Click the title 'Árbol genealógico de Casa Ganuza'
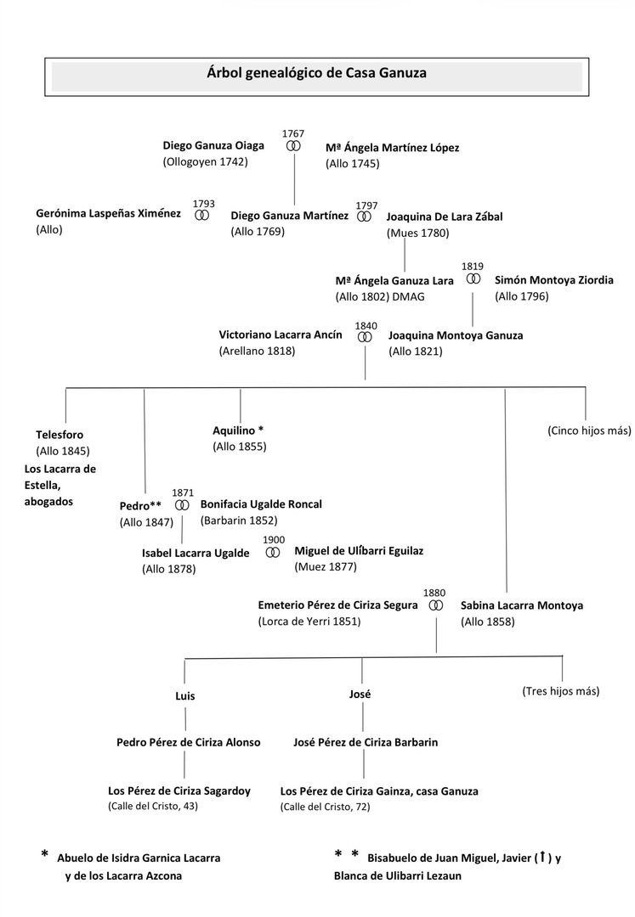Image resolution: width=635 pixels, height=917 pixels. point(317,74)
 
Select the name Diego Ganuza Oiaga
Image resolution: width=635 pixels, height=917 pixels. point(213,145)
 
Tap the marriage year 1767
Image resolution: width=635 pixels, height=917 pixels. point(292,133)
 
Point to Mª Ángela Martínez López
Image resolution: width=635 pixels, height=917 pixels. point(392,148)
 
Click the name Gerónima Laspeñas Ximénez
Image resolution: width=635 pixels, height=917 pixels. point(108,214)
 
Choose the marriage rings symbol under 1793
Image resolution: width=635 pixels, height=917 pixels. point(202,216)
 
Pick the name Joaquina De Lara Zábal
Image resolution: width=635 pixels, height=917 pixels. point(444,217)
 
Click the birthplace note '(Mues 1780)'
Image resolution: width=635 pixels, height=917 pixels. point(417,233)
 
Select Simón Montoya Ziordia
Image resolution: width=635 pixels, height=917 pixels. point(553,279)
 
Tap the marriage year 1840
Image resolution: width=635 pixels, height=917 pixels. point(366,325)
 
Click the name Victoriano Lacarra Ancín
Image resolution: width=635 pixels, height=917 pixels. point(281,335)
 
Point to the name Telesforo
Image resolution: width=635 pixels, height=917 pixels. point(60,435)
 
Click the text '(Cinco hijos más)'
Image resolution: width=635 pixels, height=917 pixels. point(589,430)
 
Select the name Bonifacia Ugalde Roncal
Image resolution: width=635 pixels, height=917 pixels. point(261,504)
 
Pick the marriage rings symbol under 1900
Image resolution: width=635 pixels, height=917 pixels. point(272,552)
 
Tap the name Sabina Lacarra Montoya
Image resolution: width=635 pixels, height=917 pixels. point(522,606)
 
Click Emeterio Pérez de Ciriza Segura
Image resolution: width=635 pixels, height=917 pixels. point(337,605)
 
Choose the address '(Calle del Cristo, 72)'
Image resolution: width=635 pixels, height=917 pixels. point(325,807)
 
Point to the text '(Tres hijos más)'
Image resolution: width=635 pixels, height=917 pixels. point(560,691)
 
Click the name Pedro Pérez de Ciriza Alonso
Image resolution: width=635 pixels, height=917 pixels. point(188,742)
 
